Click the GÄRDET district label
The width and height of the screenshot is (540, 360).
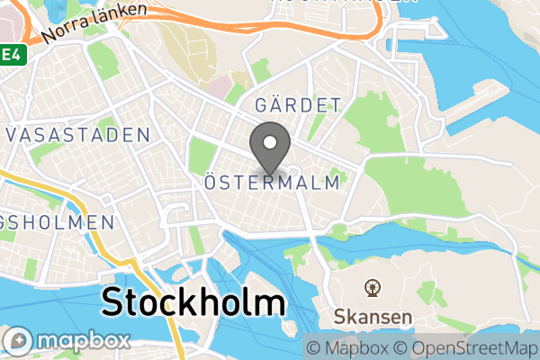[x=298, y=104]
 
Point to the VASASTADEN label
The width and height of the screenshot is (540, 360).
[x=78, y=135]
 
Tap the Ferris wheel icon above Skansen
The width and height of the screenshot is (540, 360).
[x=371, y=289]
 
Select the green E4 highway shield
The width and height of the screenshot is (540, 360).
[x=10, y=55]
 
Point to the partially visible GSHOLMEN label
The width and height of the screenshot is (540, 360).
[x=57, y=221]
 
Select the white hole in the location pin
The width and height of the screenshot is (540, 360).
[x=269, y=141]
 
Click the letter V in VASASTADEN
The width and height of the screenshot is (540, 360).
[x=13, y=135]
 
